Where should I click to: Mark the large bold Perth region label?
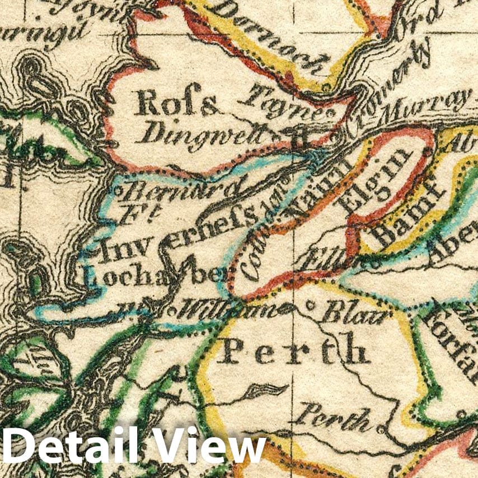(293, 351)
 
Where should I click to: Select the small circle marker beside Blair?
(310, 307)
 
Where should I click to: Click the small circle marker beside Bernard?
(119, 191)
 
